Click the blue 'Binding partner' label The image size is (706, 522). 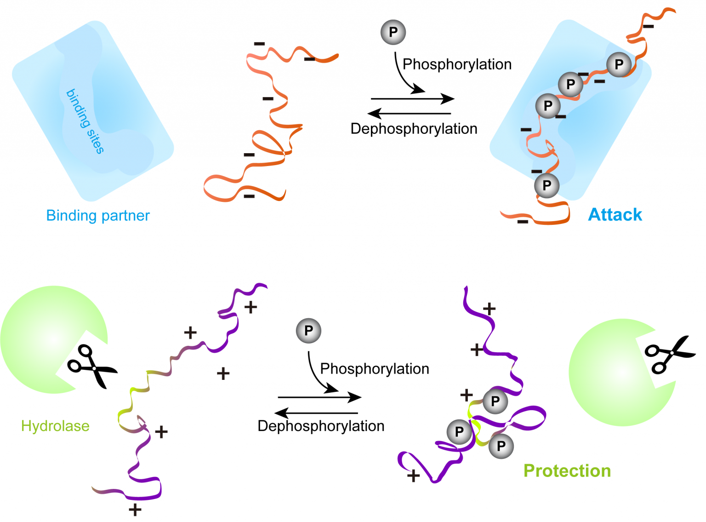pos(98,215)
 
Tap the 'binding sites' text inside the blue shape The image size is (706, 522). pos(85,121)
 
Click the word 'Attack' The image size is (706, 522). pos(615,215)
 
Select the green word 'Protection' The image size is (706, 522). pos(567,471)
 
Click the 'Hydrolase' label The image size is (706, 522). pos(55,426)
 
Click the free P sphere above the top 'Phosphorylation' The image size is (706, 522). pos(393,32)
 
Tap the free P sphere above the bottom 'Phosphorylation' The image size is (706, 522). pos(308,331)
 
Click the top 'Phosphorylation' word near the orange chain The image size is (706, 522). pos(457,64)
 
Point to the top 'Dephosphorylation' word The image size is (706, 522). pos(414,129)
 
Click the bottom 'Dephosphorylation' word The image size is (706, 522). pos(321,426)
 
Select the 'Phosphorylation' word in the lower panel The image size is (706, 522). pos(375,369)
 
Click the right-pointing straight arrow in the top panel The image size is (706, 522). pos(412,98)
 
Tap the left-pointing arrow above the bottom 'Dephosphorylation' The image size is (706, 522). pos(316,413)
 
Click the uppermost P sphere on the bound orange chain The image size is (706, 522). pos(619,64)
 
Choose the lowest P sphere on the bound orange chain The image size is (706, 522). pos(547,185)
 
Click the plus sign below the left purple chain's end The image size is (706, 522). pos(135,510)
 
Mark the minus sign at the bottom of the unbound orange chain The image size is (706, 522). pos(249,196)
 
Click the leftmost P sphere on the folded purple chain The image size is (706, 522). pos(459,432)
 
